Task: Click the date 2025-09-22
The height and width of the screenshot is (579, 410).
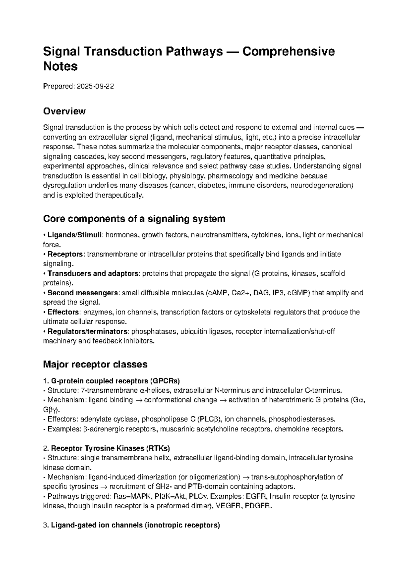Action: click(x=95, y=86)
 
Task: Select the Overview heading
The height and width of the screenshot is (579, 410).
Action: click(x=64, y=111)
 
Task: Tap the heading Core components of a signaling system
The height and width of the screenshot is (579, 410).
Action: click(x=134, y=218)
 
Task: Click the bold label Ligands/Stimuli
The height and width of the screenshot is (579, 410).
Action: click(x=74, y=235)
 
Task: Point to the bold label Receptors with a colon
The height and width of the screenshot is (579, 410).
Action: click(x=65, y=254)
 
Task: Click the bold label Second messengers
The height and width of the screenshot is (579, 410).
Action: click(x=82, y=293)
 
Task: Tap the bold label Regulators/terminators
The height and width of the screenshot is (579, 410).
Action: click(x=87, y=331)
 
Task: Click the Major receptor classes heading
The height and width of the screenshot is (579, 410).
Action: click(x=95, y=364)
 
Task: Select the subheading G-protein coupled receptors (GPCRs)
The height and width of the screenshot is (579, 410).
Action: click(x=115, y=381)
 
